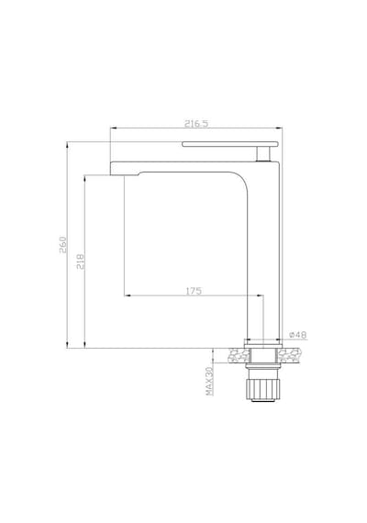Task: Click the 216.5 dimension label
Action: [196, 124]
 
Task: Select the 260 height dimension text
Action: [63, 245]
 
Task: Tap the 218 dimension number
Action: [81, 261]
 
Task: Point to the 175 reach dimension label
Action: [194, 291]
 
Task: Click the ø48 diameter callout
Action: [297, 335]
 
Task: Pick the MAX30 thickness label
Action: [209, 381]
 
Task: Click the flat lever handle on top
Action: [230, 144]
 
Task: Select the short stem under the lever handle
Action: [263, 154]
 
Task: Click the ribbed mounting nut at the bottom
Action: [261, 389]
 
